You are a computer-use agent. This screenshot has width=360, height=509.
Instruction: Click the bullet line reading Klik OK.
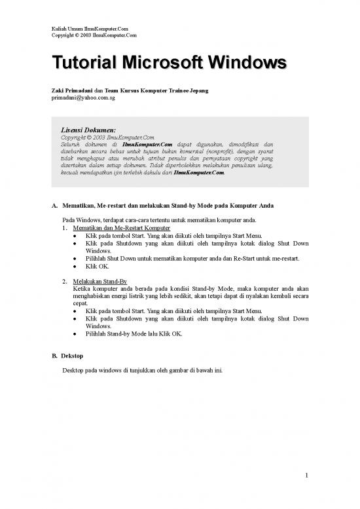[96, 267]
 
